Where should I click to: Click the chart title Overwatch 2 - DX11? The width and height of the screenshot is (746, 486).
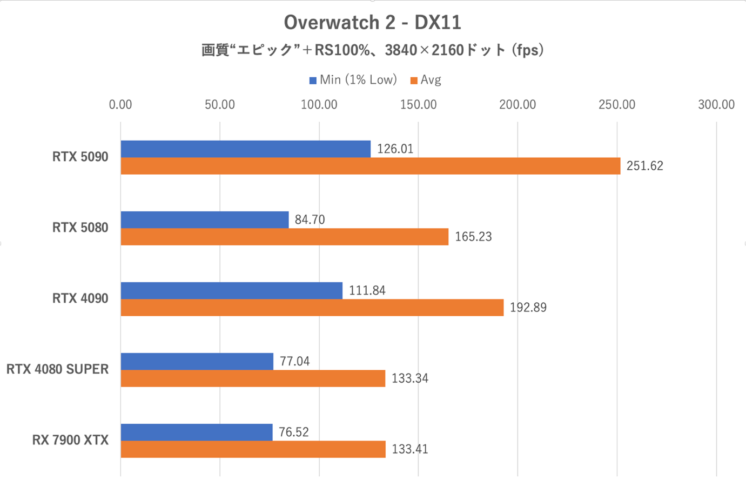pos(372,23)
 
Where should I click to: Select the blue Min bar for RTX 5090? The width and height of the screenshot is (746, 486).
pos(245,149)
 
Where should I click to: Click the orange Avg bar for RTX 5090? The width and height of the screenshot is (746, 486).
pos(370,166)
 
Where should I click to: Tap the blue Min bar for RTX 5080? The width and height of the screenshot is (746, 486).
pos(204,220)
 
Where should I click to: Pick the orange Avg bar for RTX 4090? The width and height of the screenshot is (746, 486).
pos(312,308)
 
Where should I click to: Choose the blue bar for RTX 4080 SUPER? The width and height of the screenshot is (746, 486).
pos(197,362)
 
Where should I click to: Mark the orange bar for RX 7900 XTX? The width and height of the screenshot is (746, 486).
pos(253,449)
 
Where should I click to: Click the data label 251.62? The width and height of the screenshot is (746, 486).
pos(644,166)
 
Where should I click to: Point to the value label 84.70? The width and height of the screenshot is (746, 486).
pos(310,220)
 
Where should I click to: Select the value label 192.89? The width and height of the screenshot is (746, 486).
pos(528,308)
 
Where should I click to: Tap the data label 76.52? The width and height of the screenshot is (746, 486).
pos(294,432)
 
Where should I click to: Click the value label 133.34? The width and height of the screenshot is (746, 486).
pos(409,378)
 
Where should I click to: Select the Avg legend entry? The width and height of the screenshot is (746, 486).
pos(426,80)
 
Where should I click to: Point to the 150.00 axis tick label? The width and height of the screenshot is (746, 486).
pos(418,105)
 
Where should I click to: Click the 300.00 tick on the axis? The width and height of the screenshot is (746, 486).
pos(716,105)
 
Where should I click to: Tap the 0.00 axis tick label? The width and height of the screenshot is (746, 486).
pos(120,105)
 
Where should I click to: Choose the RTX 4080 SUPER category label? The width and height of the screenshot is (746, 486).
pos(57,370)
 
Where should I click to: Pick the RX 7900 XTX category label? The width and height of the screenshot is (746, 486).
pos(70,441)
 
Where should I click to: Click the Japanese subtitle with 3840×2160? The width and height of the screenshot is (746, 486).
pos(372,50)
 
